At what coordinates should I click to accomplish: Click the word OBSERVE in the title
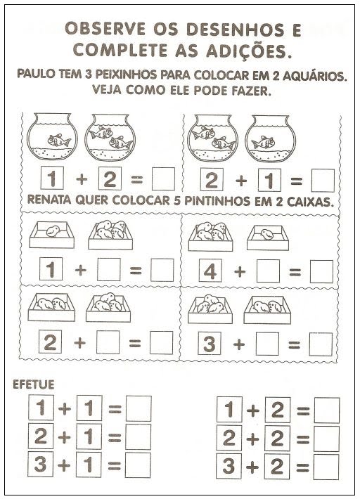[105, 29]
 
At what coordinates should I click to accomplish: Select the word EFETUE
[34, 384]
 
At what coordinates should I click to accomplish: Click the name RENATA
[49, 200]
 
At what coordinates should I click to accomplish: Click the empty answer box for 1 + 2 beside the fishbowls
[163, 179]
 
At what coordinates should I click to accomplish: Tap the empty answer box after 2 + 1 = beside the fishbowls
[323, 181]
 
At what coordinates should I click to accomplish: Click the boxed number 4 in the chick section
[210, 271]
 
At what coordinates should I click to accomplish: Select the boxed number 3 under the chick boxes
[209, 344]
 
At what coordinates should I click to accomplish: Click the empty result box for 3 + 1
[138, 465]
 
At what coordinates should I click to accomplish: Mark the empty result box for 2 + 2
[326, 439]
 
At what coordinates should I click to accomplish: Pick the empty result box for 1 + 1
[139, 408]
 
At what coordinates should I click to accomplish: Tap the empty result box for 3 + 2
[326, 467]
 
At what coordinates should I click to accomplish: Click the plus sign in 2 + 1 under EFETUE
[64, 437]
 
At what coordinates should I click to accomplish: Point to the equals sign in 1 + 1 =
[115, 409]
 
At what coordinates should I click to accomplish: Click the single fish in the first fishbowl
[59, 140]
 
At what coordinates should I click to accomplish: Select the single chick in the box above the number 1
[53, 231]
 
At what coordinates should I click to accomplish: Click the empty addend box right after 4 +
[268, 271]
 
